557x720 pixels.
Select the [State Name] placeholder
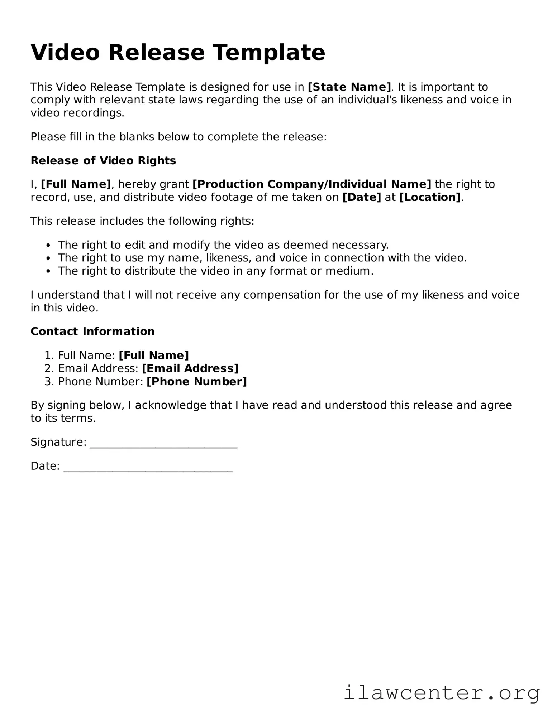click(349, 87)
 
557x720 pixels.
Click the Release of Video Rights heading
click(103, 160)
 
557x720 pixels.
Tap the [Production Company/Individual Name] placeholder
click(312, 184)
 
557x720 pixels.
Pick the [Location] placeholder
click(430, 197)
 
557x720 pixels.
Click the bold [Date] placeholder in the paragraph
click(362, 197)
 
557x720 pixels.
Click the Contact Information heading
click(92, 331)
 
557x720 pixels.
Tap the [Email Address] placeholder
click(190, 368)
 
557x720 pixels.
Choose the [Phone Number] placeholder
click(197, 381)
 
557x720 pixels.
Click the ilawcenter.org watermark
click(442, 693)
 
